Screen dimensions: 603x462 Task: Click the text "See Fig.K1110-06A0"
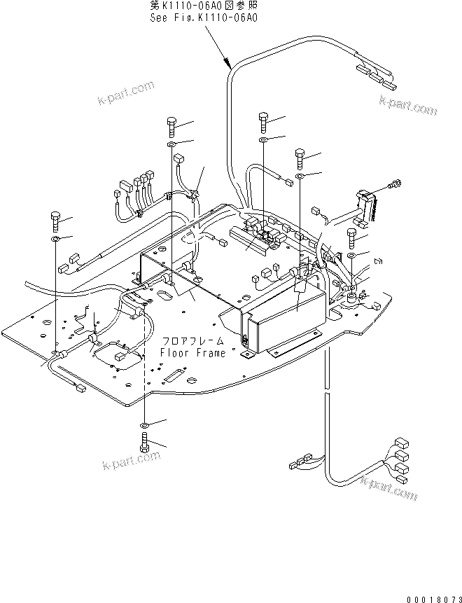click(x=204, y=19)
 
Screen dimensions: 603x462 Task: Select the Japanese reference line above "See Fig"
click(x=204, y=6)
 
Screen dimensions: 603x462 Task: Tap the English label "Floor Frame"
click(x=193, y=353)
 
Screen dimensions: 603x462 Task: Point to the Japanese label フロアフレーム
click(x=193, y=341)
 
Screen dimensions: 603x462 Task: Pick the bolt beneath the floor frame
click(x=144, y=443)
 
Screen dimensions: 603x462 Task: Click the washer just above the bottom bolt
click(x=144, y=426)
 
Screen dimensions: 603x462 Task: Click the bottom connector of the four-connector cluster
click(x=401, y=479)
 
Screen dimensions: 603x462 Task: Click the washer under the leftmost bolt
click(x=55, y=240)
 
